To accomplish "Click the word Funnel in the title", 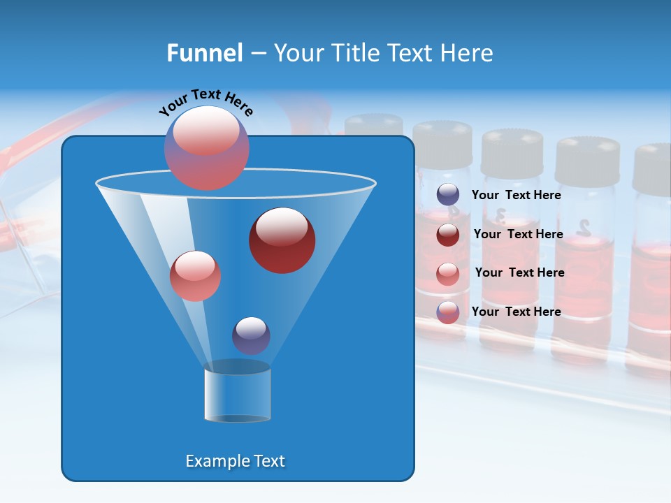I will point(204,52).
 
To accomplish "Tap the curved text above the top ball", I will point(205,101).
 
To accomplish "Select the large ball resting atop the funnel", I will point(207,147).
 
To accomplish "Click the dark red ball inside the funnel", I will point(282,240).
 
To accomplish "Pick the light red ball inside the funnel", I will point(195,276).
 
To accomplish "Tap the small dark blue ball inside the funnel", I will point(251,335).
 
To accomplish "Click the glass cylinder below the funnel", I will point(238,394).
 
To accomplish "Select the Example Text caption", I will point(235,461).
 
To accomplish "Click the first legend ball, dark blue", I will point(448,195).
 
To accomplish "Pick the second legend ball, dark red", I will point(448,235).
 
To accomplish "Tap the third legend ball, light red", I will point(448,274).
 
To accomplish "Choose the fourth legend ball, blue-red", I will point(448,312).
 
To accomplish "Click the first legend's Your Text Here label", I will point(516,195).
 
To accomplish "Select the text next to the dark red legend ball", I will point(518,234).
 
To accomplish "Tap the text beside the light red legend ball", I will point(519,272).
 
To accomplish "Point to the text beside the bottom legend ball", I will point(516,312).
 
